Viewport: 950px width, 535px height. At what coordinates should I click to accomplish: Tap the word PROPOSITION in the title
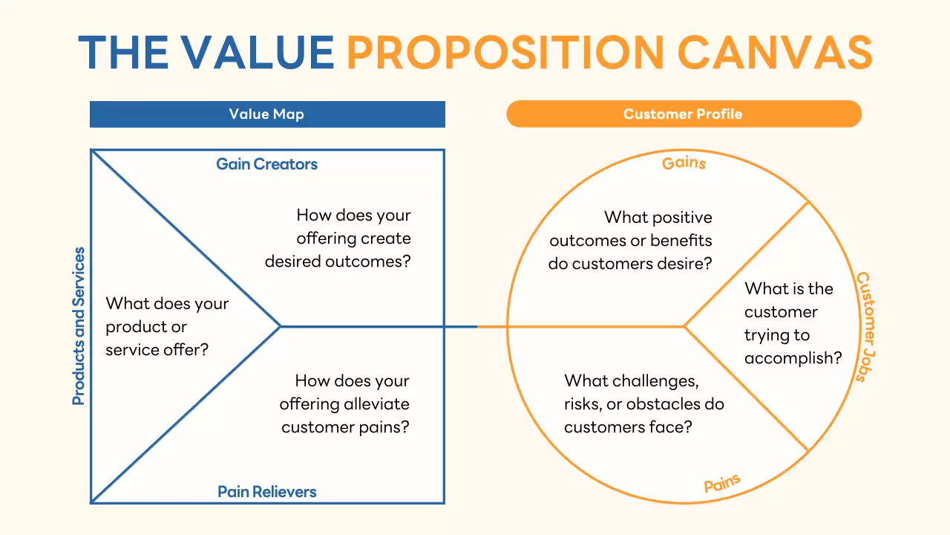505,52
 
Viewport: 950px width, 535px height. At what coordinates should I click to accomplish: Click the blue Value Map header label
266,114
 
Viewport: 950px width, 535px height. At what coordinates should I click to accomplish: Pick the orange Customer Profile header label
683,114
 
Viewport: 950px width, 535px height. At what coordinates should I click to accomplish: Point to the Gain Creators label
267,164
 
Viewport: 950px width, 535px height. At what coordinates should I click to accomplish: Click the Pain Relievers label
267,492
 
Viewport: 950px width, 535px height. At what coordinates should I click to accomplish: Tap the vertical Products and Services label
79,326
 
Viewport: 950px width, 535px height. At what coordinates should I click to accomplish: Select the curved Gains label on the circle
684,162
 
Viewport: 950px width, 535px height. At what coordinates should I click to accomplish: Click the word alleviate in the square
376,404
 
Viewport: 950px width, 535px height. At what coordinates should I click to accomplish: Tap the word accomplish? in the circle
793,359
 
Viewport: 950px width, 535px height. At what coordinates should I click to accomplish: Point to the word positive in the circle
678,218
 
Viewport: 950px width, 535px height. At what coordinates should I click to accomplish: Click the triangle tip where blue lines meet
281,326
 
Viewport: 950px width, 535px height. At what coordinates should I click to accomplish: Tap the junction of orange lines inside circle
684,326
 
